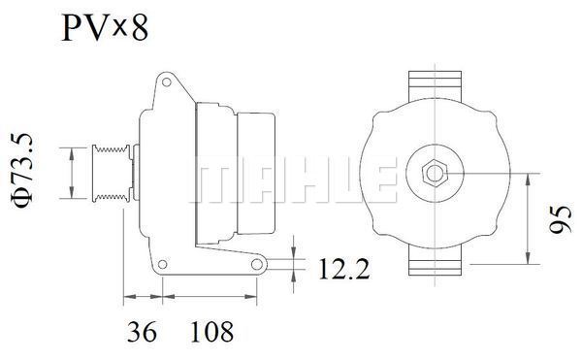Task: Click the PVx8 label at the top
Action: (x=105, y=27)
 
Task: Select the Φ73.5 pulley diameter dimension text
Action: (x=23, y=171)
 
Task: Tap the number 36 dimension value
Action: (x=142, y=332)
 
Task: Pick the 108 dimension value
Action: (x=211, y=332)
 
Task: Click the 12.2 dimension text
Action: (x=344, y=269)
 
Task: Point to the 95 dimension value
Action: (x=561, y=219)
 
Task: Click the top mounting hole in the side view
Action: (x=167, y=82)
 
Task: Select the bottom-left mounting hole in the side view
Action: (x=162, y=264)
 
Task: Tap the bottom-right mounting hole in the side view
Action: (x=257, y=264)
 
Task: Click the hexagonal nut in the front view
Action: (x=435, y=174)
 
